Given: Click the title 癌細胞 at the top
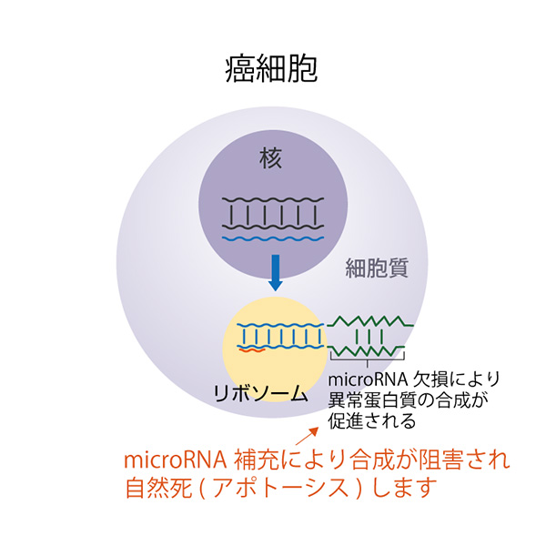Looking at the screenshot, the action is pyautogui.click(x=271, y=68).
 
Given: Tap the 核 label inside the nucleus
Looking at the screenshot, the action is pyautogui.click(x=270, y=157).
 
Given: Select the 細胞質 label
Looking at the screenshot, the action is pyautogui.click(x=377, y=268).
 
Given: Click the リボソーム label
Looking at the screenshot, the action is pyautogui.click(x=260, y=394).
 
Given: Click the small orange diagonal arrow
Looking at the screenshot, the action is pyautogui.click(x=307, y=436).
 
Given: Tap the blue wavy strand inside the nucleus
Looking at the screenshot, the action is pyautogui.click(x=273, y=238).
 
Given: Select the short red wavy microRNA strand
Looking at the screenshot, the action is pyautogui.click(x=252, y=350).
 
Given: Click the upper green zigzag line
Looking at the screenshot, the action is pyautogui.click(x=369, y=321).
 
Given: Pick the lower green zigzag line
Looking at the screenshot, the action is pyautogui.click(x=366, y=351).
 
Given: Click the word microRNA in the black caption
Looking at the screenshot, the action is pyautogui.click(x=368, y=379).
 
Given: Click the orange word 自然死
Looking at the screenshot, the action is pyautogui.click(x=158, y=487).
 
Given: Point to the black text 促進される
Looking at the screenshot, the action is pyautogui.click(x=372, y=420).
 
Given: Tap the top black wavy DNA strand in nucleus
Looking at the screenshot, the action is pyautogui.click(x=273, y=200).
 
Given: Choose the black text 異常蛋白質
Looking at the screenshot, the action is pyautogui.click(x=372, y=399).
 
